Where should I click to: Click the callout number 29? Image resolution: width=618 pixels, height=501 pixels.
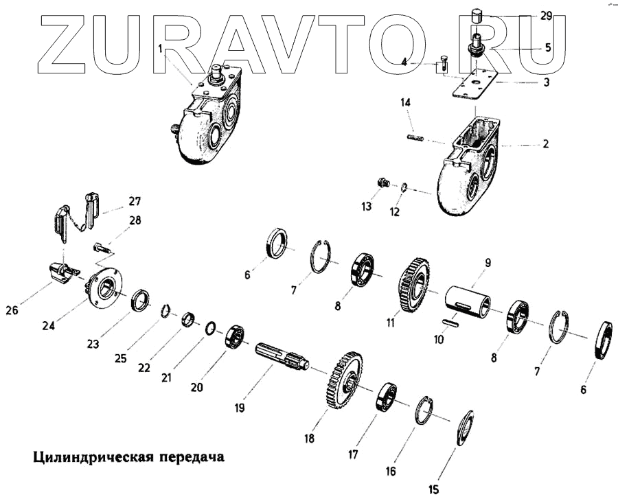coord(545,14)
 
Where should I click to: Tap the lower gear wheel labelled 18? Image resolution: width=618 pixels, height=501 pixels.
coord(345,381)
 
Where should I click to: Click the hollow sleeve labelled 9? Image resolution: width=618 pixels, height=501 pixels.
coord(468,301)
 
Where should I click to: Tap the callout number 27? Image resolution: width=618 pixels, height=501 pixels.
coord(133,202)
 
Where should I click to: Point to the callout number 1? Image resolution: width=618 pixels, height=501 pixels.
coord(160,49)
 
